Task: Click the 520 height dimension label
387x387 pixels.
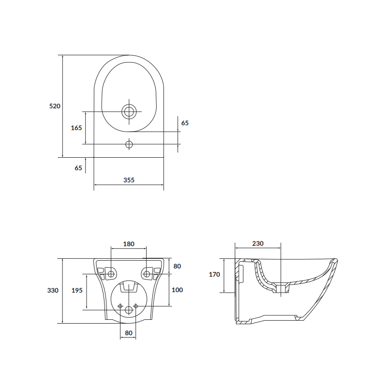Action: pos(55,106)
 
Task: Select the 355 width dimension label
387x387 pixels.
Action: pos(128,180)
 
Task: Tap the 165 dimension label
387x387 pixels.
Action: pos(76,128)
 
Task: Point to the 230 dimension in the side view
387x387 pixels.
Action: pos(257,244)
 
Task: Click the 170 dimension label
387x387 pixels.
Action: pos(215,274)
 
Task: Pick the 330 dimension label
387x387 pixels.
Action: pos(53,291)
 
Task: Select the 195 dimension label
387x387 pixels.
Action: pos(76,291)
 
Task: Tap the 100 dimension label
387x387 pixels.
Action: pos(178,290)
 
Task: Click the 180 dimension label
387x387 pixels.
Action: pos(128,244)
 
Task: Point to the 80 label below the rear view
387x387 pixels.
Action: pos(128,333)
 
